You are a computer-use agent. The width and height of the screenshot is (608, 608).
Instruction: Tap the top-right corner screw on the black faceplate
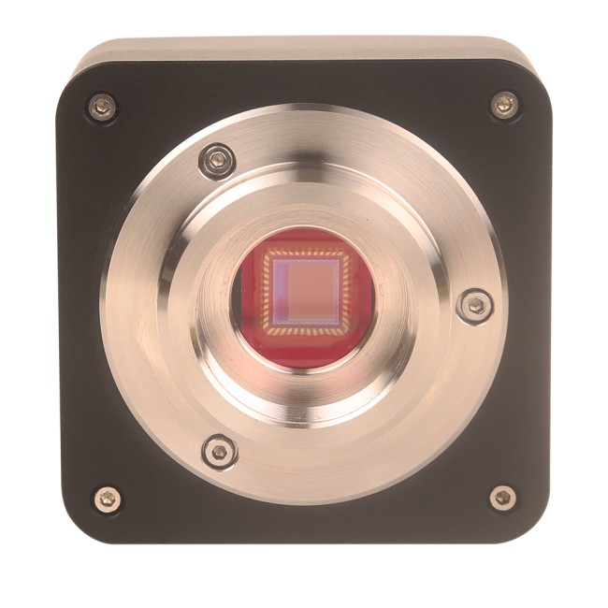point(503,105)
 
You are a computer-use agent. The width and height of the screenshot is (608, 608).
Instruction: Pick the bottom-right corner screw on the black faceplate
point(502,498)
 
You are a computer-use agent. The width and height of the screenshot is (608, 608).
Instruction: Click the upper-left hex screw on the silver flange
point(218,161)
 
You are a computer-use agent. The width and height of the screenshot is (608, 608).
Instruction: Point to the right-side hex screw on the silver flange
point(475,304)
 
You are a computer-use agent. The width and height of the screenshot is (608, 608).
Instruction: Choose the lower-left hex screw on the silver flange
point(219,452)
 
